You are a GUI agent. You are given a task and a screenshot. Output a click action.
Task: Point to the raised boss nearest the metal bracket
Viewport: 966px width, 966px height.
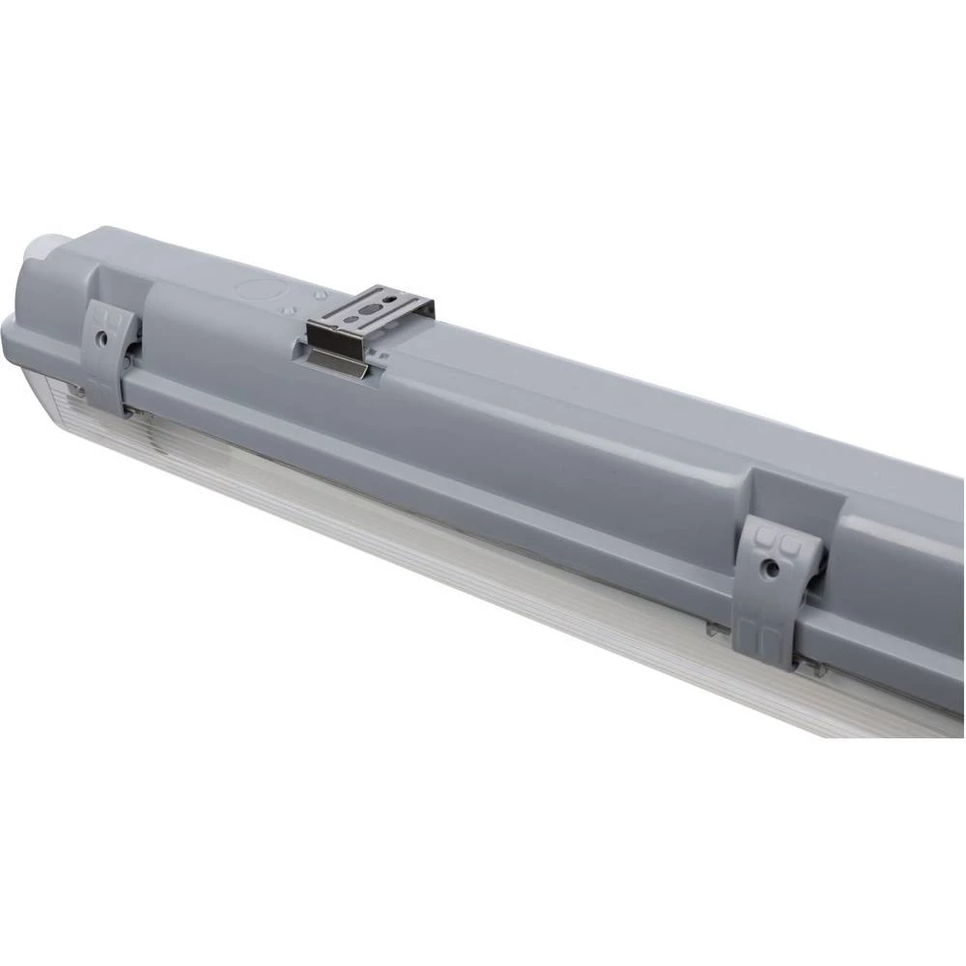coord(319,290)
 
